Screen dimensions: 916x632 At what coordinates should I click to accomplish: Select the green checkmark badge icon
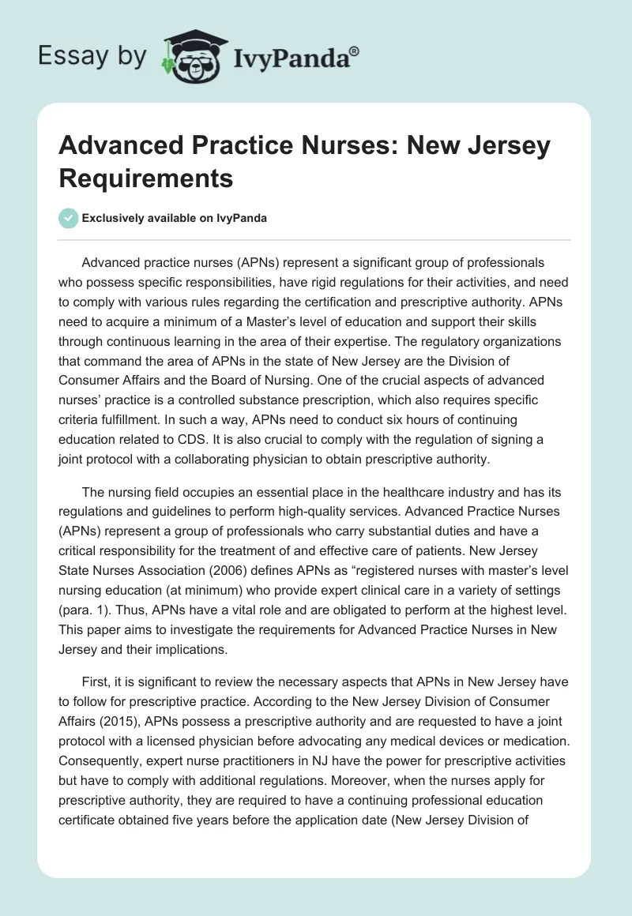click(69, 218)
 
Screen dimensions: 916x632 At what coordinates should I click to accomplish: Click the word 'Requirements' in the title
click(146, 178)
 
